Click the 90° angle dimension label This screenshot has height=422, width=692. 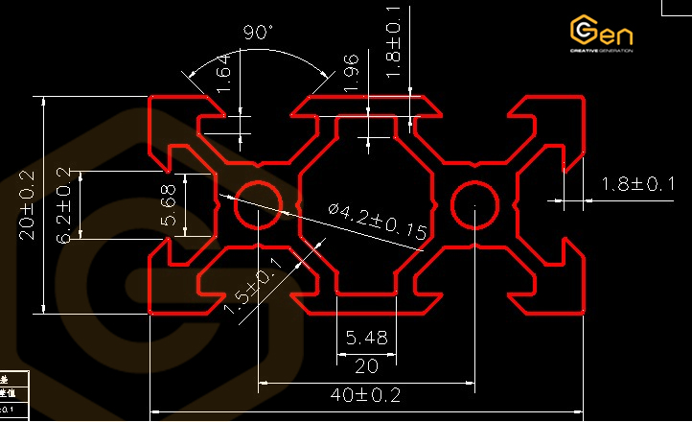[258, 33]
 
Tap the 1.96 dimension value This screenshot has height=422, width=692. [352, 74]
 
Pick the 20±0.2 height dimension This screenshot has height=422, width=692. [26, 204]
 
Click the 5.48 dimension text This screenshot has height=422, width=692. [366, 338]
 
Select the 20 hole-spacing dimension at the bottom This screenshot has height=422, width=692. [366, 365]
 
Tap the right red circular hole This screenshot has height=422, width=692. [473, 204]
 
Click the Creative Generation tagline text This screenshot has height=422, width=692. [601, 51]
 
